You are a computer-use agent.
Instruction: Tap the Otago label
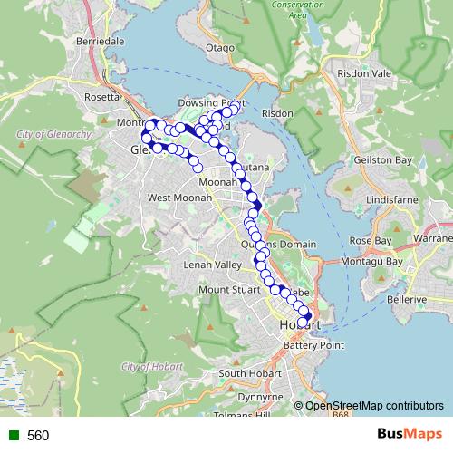220,47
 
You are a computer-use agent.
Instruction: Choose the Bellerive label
407,298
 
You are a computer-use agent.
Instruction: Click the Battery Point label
314,345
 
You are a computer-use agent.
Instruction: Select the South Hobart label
246,373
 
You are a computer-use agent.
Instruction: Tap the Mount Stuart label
228,290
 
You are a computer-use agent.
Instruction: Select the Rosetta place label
101,97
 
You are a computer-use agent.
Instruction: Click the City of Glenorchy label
53,134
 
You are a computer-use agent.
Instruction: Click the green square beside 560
11,436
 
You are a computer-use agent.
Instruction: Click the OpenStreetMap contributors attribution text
375,406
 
